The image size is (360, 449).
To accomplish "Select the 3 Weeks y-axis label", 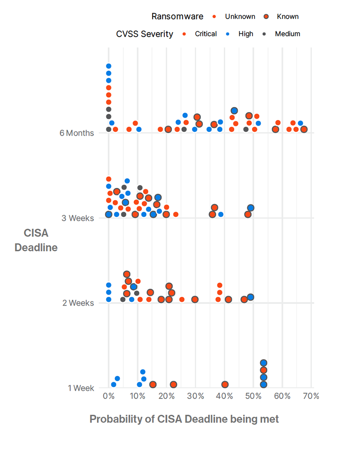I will [78, 218].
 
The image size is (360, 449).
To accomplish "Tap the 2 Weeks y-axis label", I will [78, 303].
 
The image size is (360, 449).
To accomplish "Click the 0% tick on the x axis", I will [108, 396].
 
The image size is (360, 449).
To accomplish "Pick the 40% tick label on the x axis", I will [224, 396].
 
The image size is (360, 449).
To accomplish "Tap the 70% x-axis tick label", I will [311, 396].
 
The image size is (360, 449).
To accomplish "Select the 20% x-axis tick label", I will [166, 396].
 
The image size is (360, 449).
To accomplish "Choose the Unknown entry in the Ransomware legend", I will [235, 17].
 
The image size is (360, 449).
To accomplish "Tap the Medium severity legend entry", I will [282, 34].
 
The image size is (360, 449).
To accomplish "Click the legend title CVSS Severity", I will [144, 34].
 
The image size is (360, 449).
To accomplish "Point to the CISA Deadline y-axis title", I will [36, 240].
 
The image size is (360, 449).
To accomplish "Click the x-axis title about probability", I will [184, 419].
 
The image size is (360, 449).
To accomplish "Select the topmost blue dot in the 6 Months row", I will [108, 66].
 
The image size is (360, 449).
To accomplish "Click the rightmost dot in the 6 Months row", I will [304, 129].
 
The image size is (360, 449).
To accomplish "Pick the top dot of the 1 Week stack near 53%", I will [263, 363].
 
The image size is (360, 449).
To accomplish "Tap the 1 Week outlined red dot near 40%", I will [225, 385].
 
